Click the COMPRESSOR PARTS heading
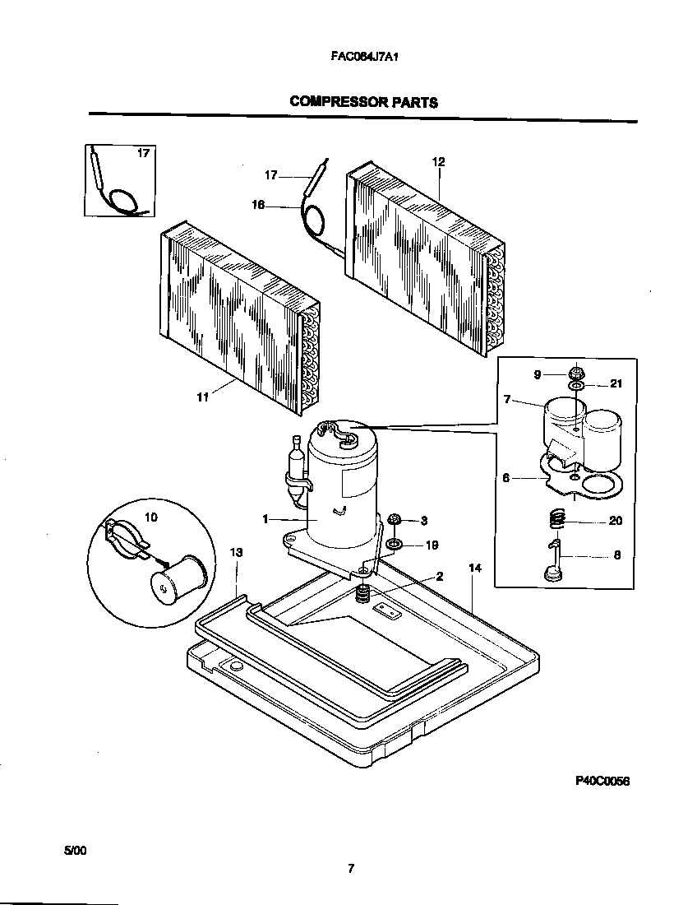362,102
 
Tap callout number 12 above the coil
438,162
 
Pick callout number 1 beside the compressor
265,519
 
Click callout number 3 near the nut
424,520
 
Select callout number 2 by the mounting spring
440,576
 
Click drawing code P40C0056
601,782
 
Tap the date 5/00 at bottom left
74,849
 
